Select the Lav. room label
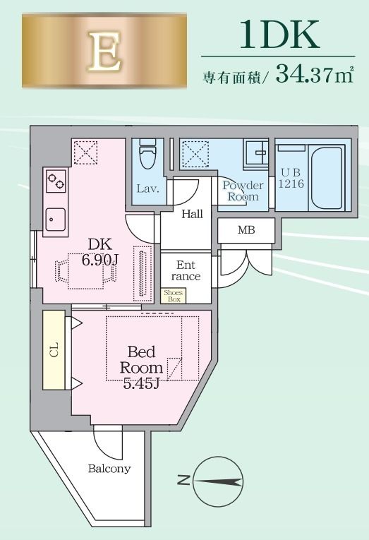(x=147, y=189)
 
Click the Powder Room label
(x=243, y=191)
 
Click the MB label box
(x=246, y=230)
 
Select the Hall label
(x=193, y=215)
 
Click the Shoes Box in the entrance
(x=172, y=296)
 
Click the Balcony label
(x=109, y=468)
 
